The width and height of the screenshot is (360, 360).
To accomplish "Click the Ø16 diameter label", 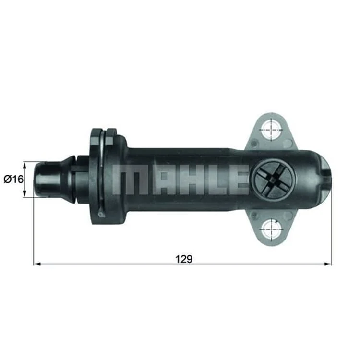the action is click(x=13, y=179).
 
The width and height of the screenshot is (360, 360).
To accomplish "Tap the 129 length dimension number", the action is click(x=184, y=259).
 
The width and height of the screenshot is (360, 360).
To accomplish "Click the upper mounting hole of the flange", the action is click(x=272, y=129).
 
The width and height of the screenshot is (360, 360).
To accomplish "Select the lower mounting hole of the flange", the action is click(x=272, y=229).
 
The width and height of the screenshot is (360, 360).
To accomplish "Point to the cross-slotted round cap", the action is click(x=273, y=180).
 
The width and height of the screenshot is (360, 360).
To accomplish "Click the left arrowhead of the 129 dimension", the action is click(x=37, y=264).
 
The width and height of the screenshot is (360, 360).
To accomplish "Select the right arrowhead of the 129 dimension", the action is click(x=328, y=264).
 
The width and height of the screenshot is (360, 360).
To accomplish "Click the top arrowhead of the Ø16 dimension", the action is click(x=25, y=165).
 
